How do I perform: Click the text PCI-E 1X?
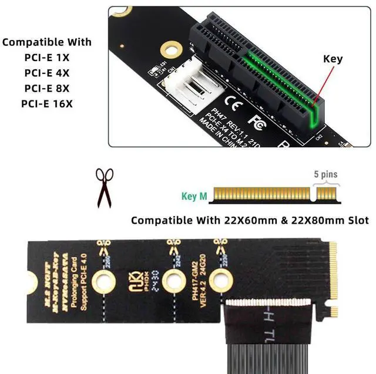click(47, 58)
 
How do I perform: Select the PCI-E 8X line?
click(47, 88)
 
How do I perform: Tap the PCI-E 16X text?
click(47, 104)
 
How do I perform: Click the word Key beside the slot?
click(333, 59)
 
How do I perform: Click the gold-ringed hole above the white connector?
click(170, 46)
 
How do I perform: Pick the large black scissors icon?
click(105, 187)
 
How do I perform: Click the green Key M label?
click(194, 197)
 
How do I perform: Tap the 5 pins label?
click(325, 174)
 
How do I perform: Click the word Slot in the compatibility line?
click(357, 221)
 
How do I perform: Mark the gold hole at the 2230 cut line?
click(220, 281)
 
